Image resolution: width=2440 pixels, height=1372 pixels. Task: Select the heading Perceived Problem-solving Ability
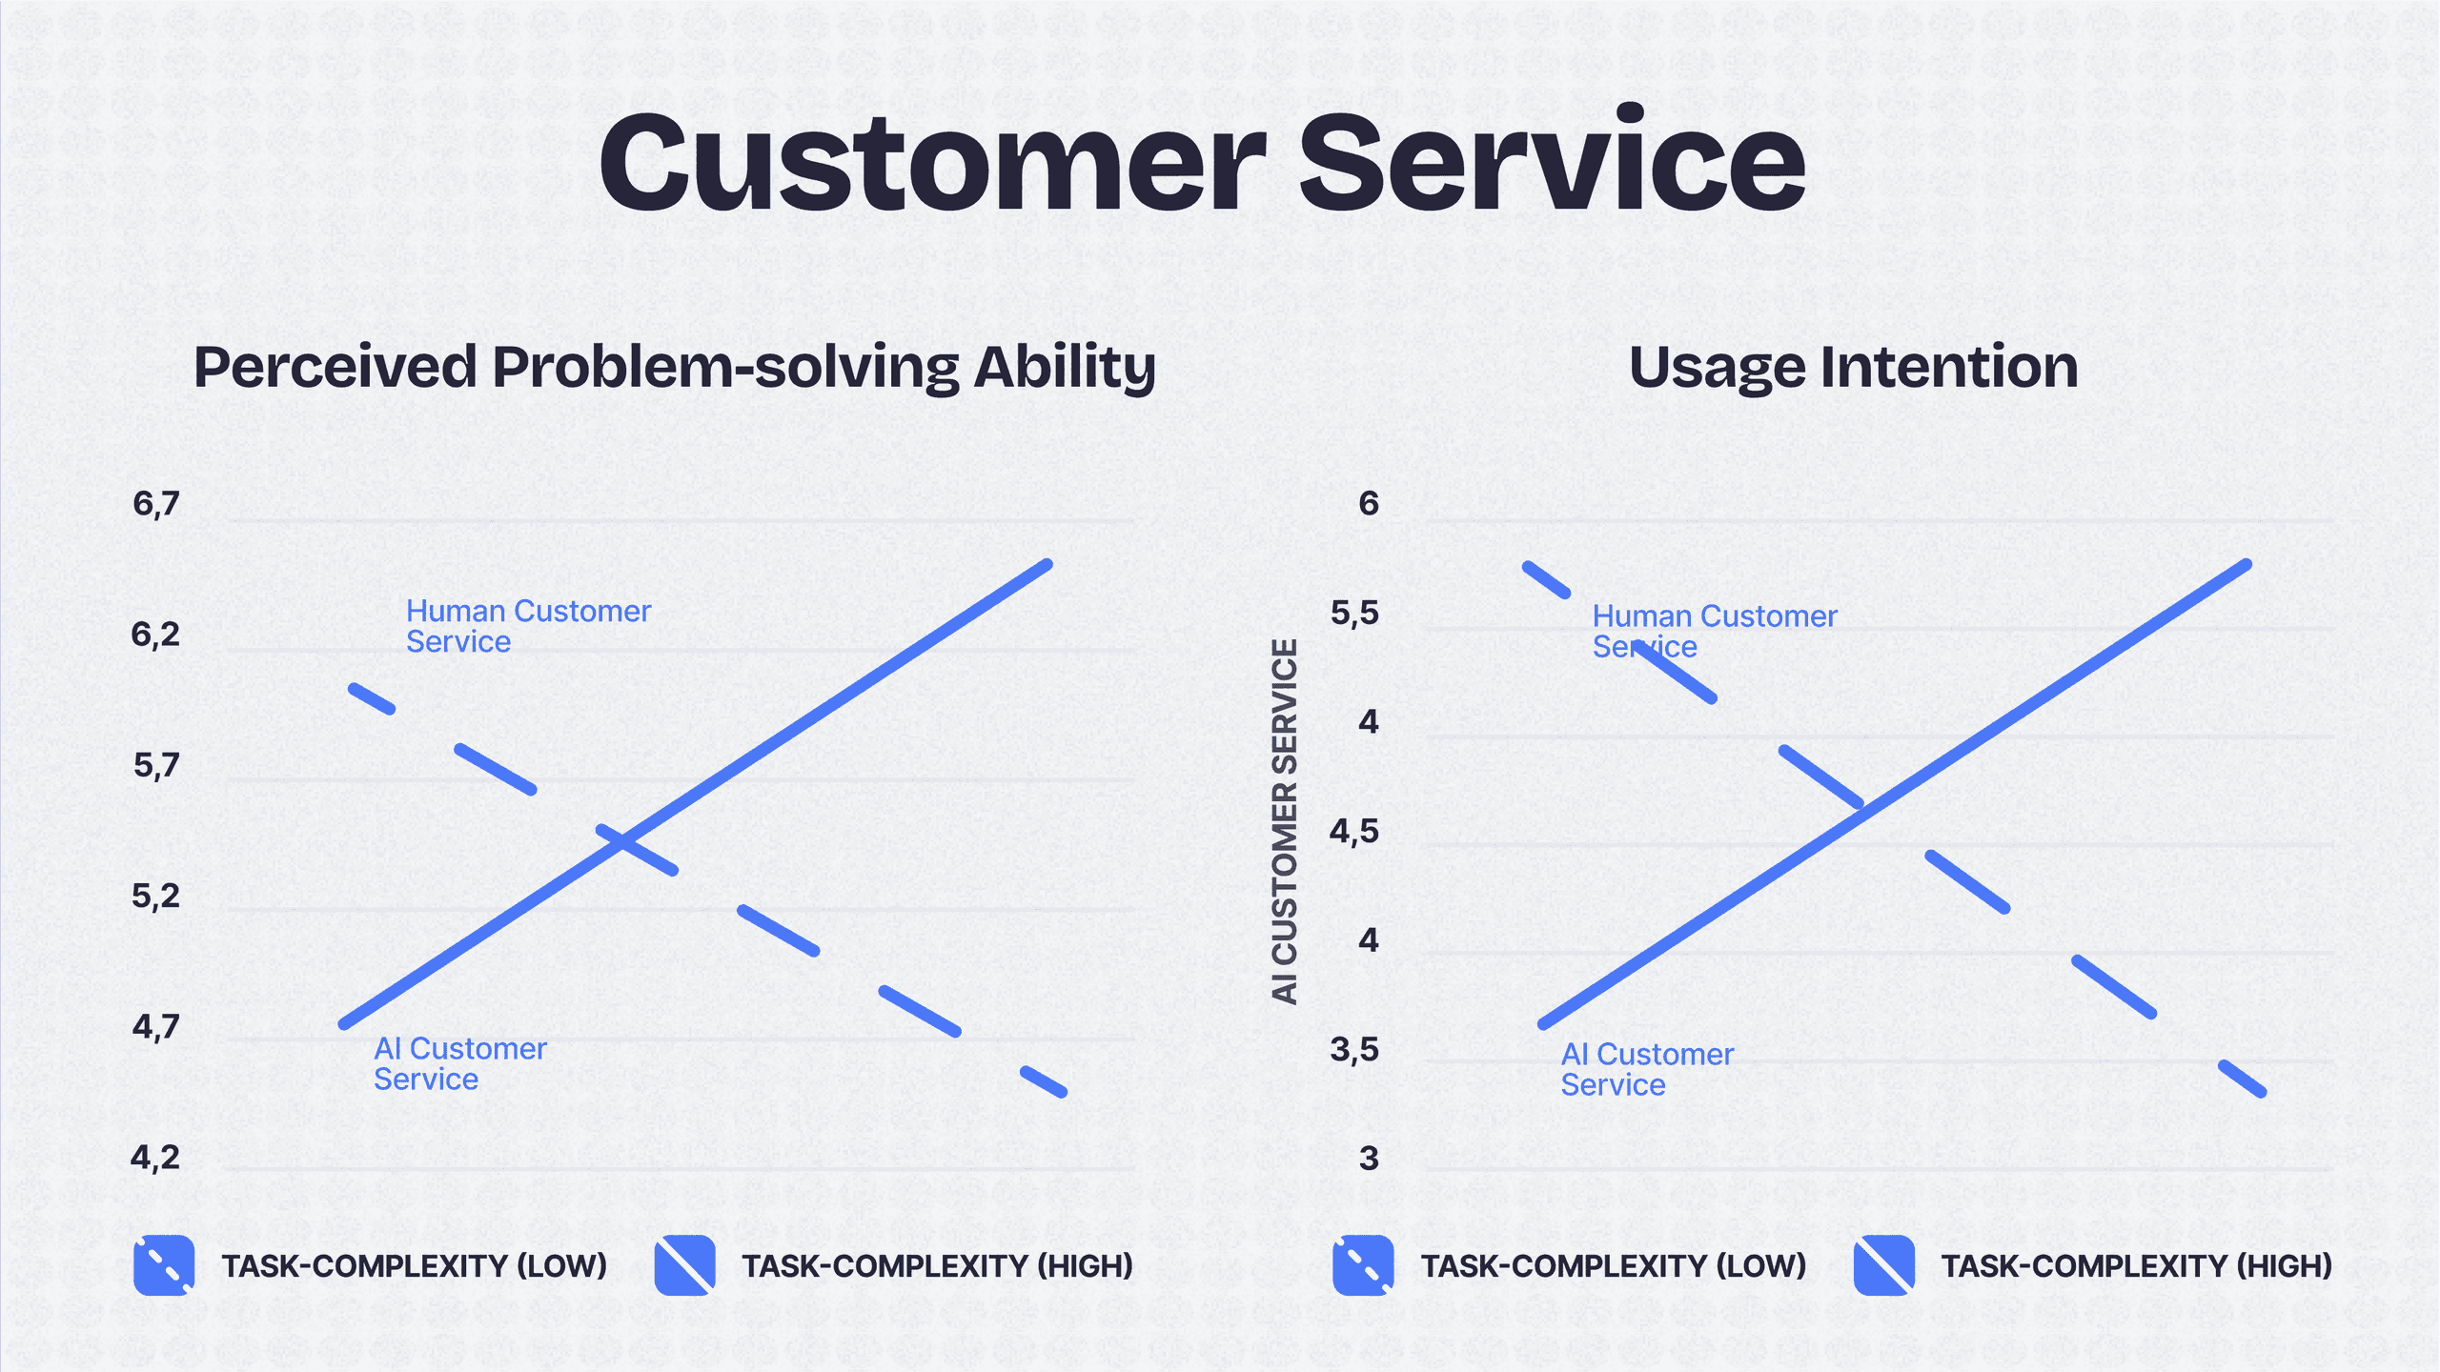click(x=675, y=368)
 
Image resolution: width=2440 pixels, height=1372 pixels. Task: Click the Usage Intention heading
click(x=1854, y=367)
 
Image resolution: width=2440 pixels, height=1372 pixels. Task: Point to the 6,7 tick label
click(x=156, y=503)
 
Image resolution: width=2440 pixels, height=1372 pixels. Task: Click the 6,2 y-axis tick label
click(x=155, y=634)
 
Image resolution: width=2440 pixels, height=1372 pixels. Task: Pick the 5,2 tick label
click(x=155, y=896)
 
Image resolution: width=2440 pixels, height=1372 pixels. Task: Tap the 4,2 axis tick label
click(x=155, y=1158)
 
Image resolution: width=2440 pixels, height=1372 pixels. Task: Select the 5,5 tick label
click(x=1354, y=613)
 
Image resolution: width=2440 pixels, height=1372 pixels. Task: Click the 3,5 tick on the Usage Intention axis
click(x=1354, y=1050)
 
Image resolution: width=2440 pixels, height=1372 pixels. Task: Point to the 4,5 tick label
click(x=1354, y=832)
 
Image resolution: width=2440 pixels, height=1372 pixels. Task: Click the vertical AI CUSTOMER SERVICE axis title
click(x=1285, y=821)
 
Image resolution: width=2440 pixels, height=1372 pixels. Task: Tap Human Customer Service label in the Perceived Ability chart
click(x=528, y=626)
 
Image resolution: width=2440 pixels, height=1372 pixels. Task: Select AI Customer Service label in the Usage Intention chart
click(x=1647, y=1069)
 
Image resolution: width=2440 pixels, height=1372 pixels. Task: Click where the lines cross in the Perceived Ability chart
click(x=623, y=841)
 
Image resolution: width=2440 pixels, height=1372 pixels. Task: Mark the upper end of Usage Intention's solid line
click(x=2247, y=565)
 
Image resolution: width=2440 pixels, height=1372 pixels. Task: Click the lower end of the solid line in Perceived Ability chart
click(x=344, y=1024)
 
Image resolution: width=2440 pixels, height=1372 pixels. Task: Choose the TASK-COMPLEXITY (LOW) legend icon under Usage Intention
click(x=1363, y=1265)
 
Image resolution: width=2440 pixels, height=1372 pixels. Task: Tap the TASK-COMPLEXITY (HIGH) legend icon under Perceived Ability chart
click(x=685, y=1265)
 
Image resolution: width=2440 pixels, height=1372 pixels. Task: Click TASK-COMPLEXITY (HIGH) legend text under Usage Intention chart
click(x=2137, y=1266)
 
